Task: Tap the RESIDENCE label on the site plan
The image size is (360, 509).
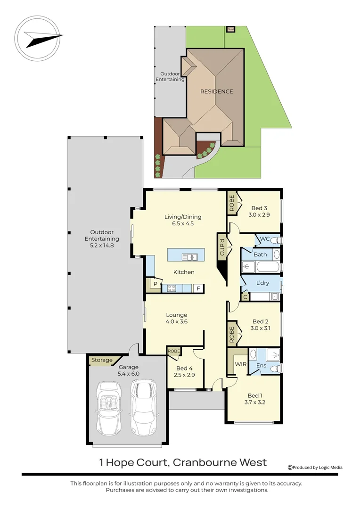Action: tap(217, 91)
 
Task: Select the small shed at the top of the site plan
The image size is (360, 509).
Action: tap(230, 29)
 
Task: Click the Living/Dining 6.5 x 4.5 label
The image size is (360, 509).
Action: tap(183, 220)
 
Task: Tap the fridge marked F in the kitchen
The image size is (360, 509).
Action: tap(198, 288)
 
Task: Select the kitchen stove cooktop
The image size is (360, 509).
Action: tap(172, 288)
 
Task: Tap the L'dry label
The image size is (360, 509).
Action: tap(262, 283)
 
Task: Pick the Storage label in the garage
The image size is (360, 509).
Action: tap(102, 361)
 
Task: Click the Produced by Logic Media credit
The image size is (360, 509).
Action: tap(315, 468)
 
